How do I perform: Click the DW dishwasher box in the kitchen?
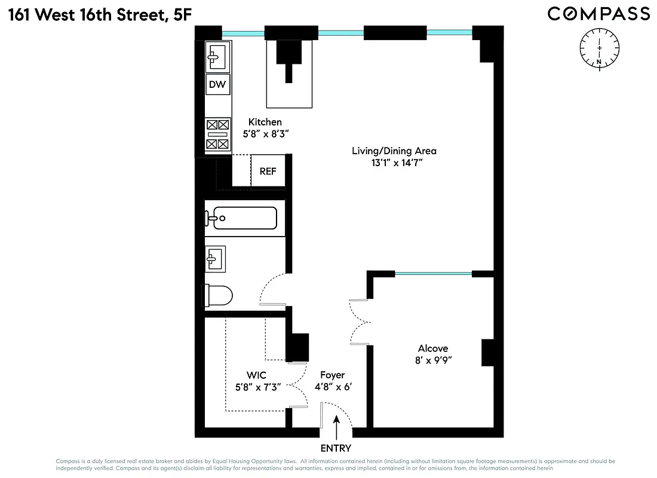(x=217, y=84)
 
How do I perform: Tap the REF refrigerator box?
(x=268, y=171)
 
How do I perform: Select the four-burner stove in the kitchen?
(x=217, y=134)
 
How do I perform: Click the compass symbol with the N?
(x=599, y=47)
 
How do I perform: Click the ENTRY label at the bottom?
(x=336, y=448)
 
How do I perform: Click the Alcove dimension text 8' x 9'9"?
(x=433, y=360)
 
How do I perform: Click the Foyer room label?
(x=332, y=375)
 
